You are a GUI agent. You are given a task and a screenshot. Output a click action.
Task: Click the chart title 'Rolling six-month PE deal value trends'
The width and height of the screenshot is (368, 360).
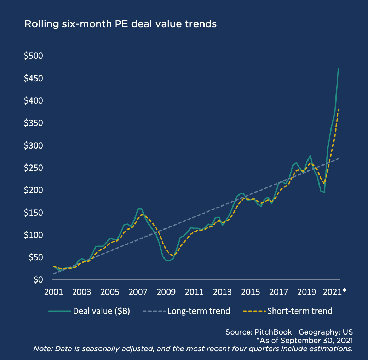[x=120, y=24]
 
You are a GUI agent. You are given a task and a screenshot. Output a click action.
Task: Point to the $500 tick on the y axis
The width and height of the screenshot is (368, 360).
[x=33, y=56]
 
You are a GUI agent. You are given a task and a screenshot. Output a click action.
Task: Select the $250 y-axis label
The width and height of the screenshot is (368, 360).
[x=33, y=168]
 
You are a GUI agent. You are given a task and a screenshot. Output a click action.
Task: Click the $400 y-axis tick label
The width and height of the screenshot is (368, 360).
[x=33, y=101]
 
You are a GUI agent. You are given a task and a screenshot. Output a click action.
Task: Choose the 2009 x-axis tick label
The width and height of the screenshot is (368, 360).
[x=166, y=292]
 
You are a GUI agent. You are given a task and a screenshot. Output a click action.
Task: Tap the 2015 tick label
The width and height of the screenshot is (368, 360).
[x=251, y=292]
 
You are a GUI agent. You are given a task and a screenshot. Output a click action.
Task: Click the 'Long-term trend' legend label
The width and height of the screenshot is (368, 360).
[x=199, y=311]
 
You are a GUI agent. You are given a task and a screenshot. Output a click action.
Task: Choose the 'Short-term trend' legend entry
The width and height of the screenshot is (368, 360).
[x=300, y=311]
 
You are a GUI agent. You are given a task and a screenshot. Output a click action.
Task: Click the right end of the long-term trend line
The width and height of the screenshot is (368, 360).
[x=339, y=158]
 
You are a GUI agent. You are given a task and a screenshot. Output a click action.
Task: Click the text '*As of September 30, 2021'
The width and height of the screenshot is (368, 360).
[x=304, y=341]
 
